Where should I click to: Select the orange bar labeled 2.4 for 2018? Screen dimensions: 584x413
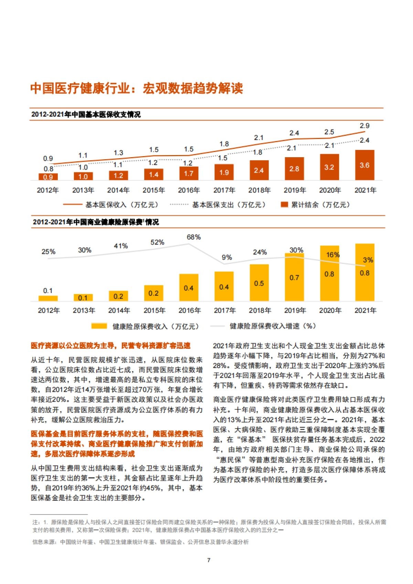259,170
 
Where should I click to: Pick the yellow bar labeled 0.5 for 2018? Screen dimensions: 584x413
259,284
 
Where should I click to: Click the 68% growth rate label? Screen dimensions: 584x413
193,237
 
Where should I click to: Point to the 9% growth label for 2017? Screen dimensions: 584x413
227,257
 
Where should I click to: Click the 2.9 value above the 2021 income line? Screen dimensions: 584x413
364,126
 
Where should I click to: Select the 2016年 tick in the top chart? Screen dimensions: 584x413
189,190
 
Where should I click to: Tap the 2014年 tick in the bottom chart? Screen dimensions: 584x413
119,311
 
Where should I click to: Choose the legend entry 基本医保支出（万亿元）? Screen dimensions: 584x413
229,205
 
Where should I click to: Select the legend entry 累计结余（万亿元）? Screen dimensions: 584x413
320,205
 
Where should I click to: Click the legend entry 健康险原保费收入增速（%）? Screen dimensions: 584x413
273,326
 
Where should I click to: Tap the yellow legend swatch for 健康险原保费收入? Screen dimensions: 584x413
99,326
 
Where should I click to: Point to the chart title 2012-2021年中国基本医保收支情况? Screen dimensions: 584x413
86,115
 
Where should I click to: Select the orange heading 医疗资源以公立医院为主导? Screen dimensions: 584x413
110,346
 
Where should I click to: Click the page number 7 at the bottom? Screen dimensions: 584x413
209,560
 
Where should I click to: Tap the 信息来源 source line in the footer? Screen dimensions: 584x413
140,542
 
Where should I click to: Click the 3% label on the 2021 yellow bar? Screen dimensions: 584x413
368,260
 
